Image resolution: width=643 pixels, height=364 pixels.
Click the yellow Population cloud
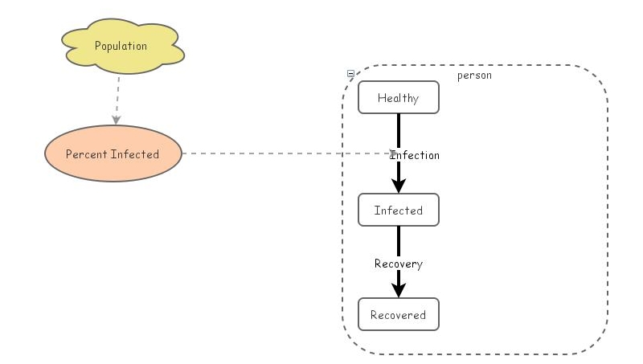click(x=121, y=47)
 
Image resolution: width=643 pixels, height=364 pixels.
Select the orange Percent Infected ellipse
click(x=113, y=153)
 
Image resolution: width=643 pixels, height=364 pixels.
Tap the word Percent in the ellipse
click(x=86, y=153)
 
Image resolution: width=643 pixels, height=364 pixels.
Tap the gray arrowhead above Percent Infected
click(x=117, y=119)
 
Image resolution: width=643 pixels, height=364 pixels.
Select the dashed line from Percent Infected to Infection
click(x=281, y=153)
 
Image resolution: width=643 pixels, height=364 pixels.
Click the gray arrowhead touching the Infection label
click(x=392, y=153)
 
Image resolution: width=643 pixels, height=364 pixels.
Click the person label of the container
click(x=474, y=76)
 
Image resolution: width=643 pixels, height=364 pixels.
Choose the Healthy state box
click(x=399, y=98)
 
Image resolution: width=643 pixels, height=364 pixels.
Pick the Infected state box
click(x=399, y=211)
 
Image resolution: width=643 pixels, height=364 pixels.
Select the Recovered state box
click(x=399, y=314)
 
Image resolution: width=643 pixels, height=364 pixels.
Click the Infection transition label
click(x=416, y=155)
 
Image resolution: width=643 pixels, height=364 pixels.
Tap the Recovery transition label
click(x=399, y=264)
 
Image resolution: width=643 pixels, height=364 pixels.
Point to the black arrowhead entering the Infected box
click(x=399, y=186)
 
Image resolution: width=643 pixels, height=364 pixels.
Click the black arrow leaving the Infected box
click(x=399, y=241)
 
